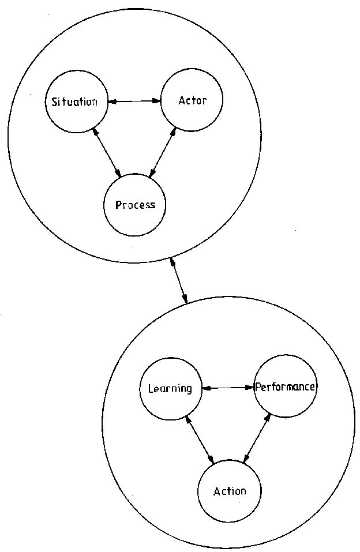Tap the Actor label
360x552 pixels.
click(192, 100)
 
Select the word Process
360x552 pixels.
click(135, 205)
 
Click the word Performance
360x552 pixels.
click(285, 386)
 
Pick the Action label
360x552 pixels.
click(230, 491)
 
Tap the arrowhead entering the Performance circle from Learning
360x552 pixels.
click(252, 388)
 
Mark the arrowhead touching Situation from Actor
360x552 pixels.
click(112, 102)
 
